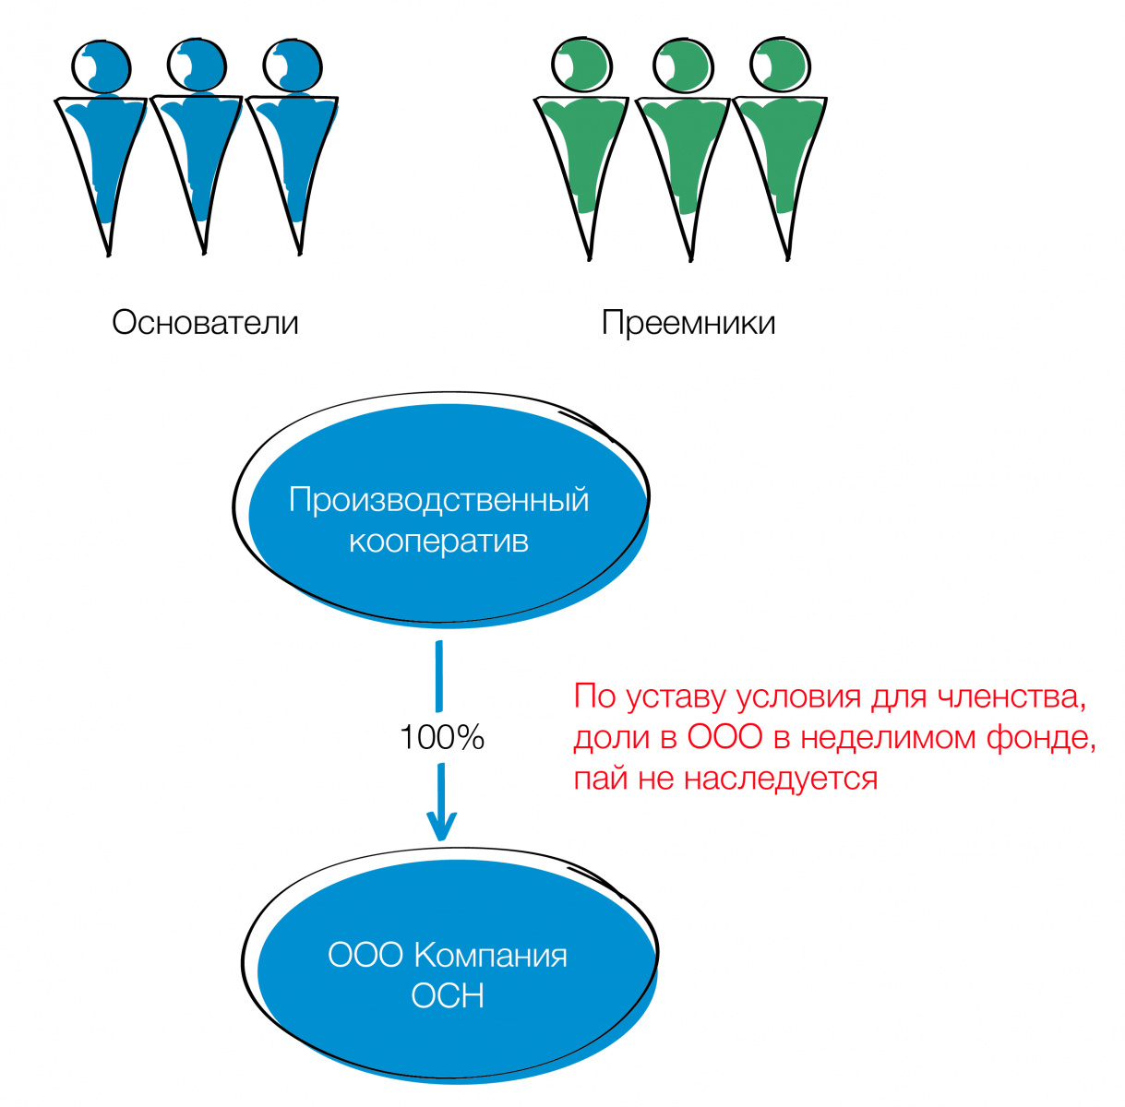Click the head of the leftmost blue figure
[102, 66]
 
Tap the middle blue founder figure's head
[197, 65]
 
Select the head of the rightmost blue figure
[292, 66]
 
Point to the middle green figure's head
[683, 66]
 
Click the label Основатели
[205, 323]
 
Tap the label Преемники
[688, 323]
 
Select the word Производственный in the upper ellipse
[438, 500]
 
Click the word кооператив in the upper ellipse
[438, 541]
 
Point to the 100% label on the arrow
[442, 738]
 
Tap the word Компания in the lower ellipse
[489, 955]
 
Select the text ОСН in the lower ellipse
[448, 996]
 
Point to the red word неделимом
[890, 738]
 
